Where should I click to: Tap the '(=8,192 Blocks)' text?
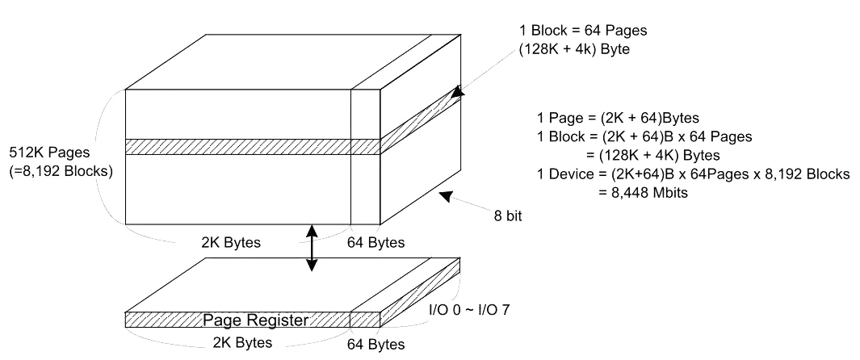click(61, 171)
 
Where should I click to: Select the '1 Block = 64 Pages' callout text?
click(583, 31)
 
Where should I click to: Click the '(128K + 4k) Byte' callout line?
click(573, 49)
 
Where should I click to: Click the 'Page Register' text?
click(256, 320)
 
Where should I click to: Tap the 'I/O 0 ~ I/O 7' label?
click(469, 310)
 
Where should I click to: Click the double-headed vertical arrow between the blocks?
click(312, 248)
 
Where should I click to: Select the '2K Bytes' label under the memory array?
click(230, 242)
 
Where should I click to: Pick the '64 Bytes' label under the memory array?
click(375, 242)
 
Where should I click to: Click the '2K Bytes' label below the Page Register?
click(242, 342)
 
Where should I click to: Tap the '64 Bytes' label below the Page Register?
click(375, 344)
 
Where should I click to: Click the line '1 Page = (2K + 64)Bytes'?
click(618, 118)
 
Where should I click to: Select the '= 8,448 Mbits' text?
click(643, 192)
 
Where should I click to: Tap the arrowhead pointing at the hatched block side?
click(458, 91)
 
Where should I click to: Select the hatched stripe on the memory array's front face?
click(253, 146)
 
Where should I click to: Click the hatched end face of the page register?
click(421, 293)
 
